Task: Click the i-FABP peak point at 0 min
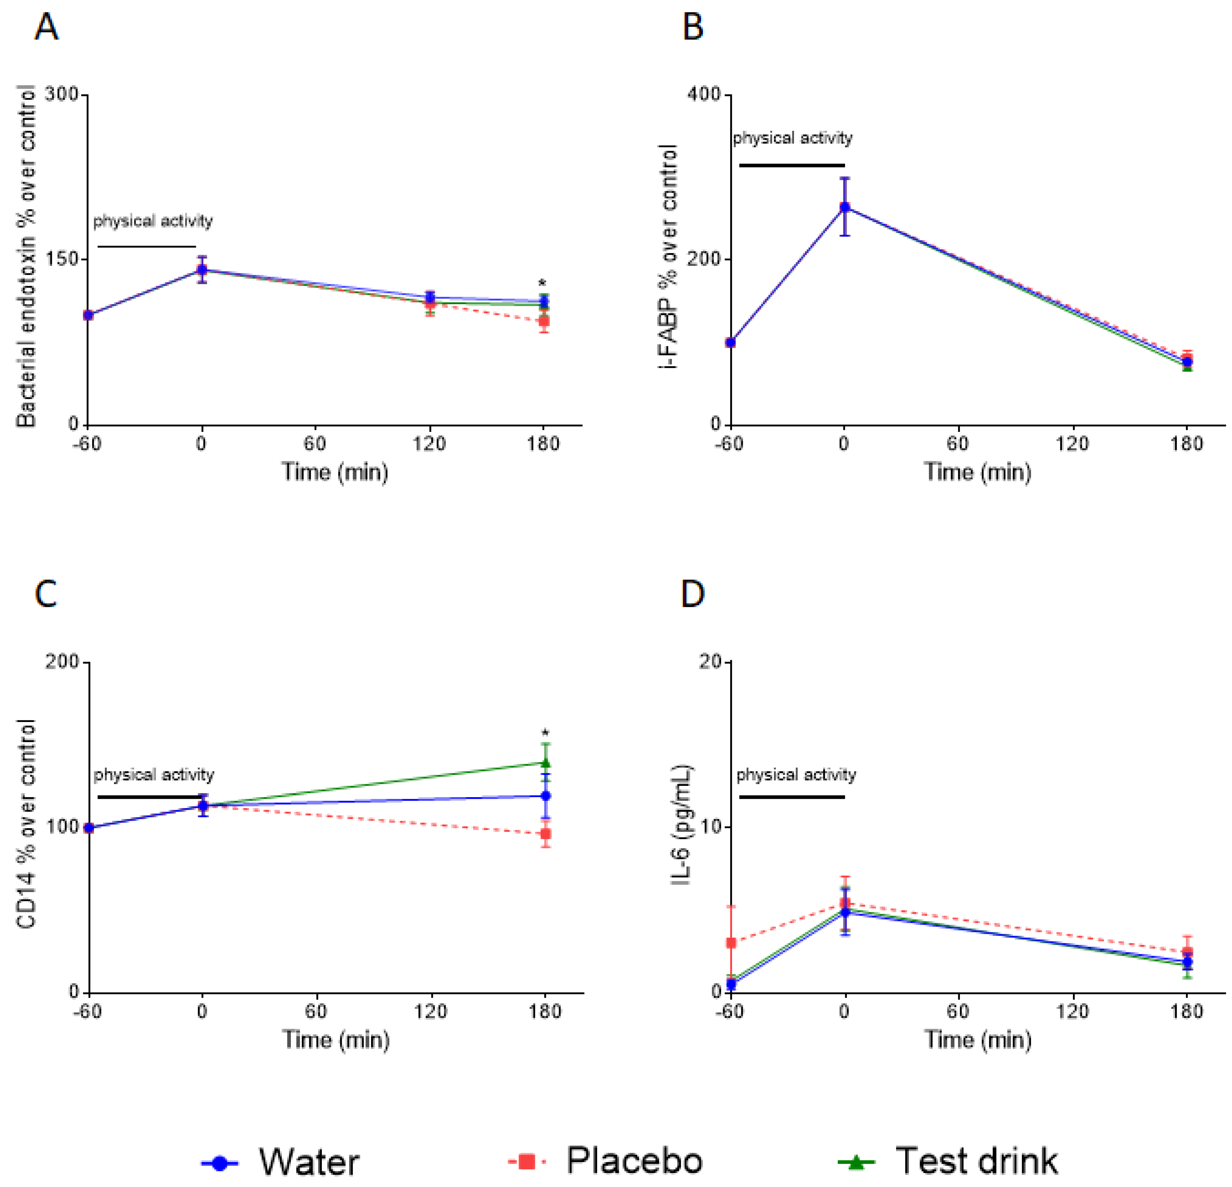844,207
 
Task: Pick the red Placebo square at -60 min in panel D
731,942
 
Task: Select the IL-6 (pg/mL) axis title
681,826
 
